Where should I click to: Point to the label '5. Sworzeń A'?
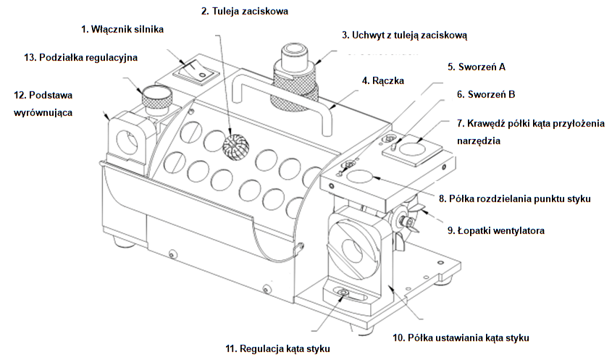[476, 67]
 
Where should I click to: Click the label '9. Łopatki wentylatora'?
[500, 230]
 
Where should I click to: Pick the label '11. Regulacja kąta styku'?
[277, 348]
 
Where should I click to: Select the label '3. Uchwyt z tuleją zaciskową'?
[408, 35]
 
